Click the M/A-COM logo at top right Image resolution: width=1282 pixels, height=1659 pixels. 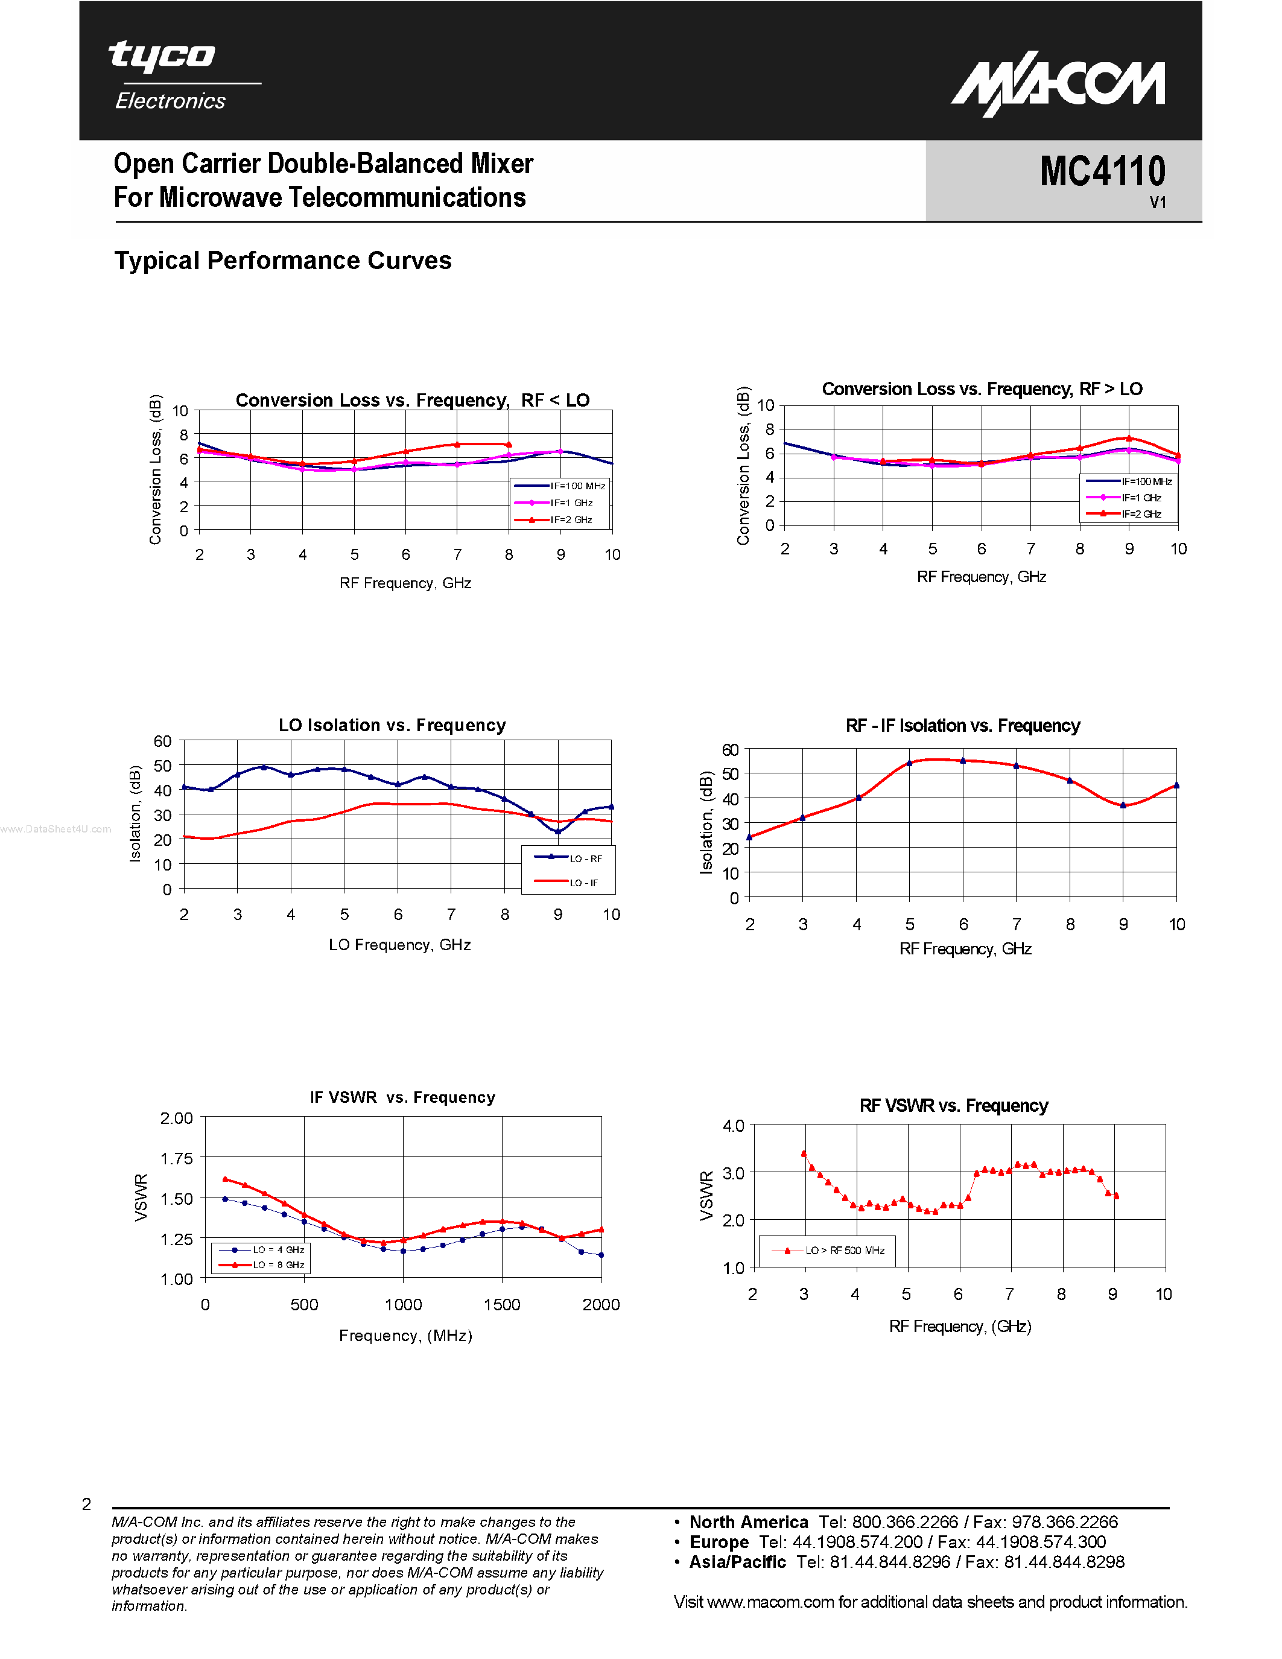[1058, 84]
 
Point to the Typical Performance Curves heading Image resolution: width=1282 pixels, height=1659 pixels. [282, 261]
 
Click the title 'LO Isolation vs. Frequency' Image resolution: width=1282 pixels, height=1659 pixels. [392, 725]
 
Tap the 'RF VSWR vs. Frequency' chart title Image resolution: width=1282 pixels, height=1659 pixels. [953, 1106]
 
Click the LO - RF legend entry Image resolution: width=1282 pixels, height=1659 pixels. [570, 858]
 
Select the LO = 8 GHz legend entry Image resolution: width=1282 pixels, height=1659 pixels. [263, 1264]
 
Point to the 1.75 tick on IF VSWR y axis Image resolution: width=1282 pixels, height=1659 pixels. [176, 1158]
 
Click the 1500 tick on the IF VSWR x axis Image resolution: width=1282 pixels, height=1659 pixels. [502, 1305]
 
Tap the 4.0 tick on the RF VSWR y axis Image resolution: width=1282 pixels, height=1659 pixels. [733, 1126]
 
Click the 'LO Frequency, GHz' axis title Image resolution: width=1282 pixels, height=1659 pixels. [399, 945]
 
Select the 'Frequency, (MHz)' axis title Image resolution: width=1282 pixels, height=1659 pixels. [405, 1336]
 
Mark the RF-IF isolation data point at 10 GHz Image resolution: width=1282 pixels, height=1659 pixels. [1176, 785]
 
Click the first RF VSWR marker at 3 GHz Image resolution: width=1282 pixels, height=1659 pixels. [804, 1154]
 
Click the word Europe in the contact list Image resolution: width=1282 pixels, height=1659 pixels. [719, 1543]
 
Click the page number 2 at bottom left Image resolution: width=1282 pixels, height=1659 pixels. [87, 1504]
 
